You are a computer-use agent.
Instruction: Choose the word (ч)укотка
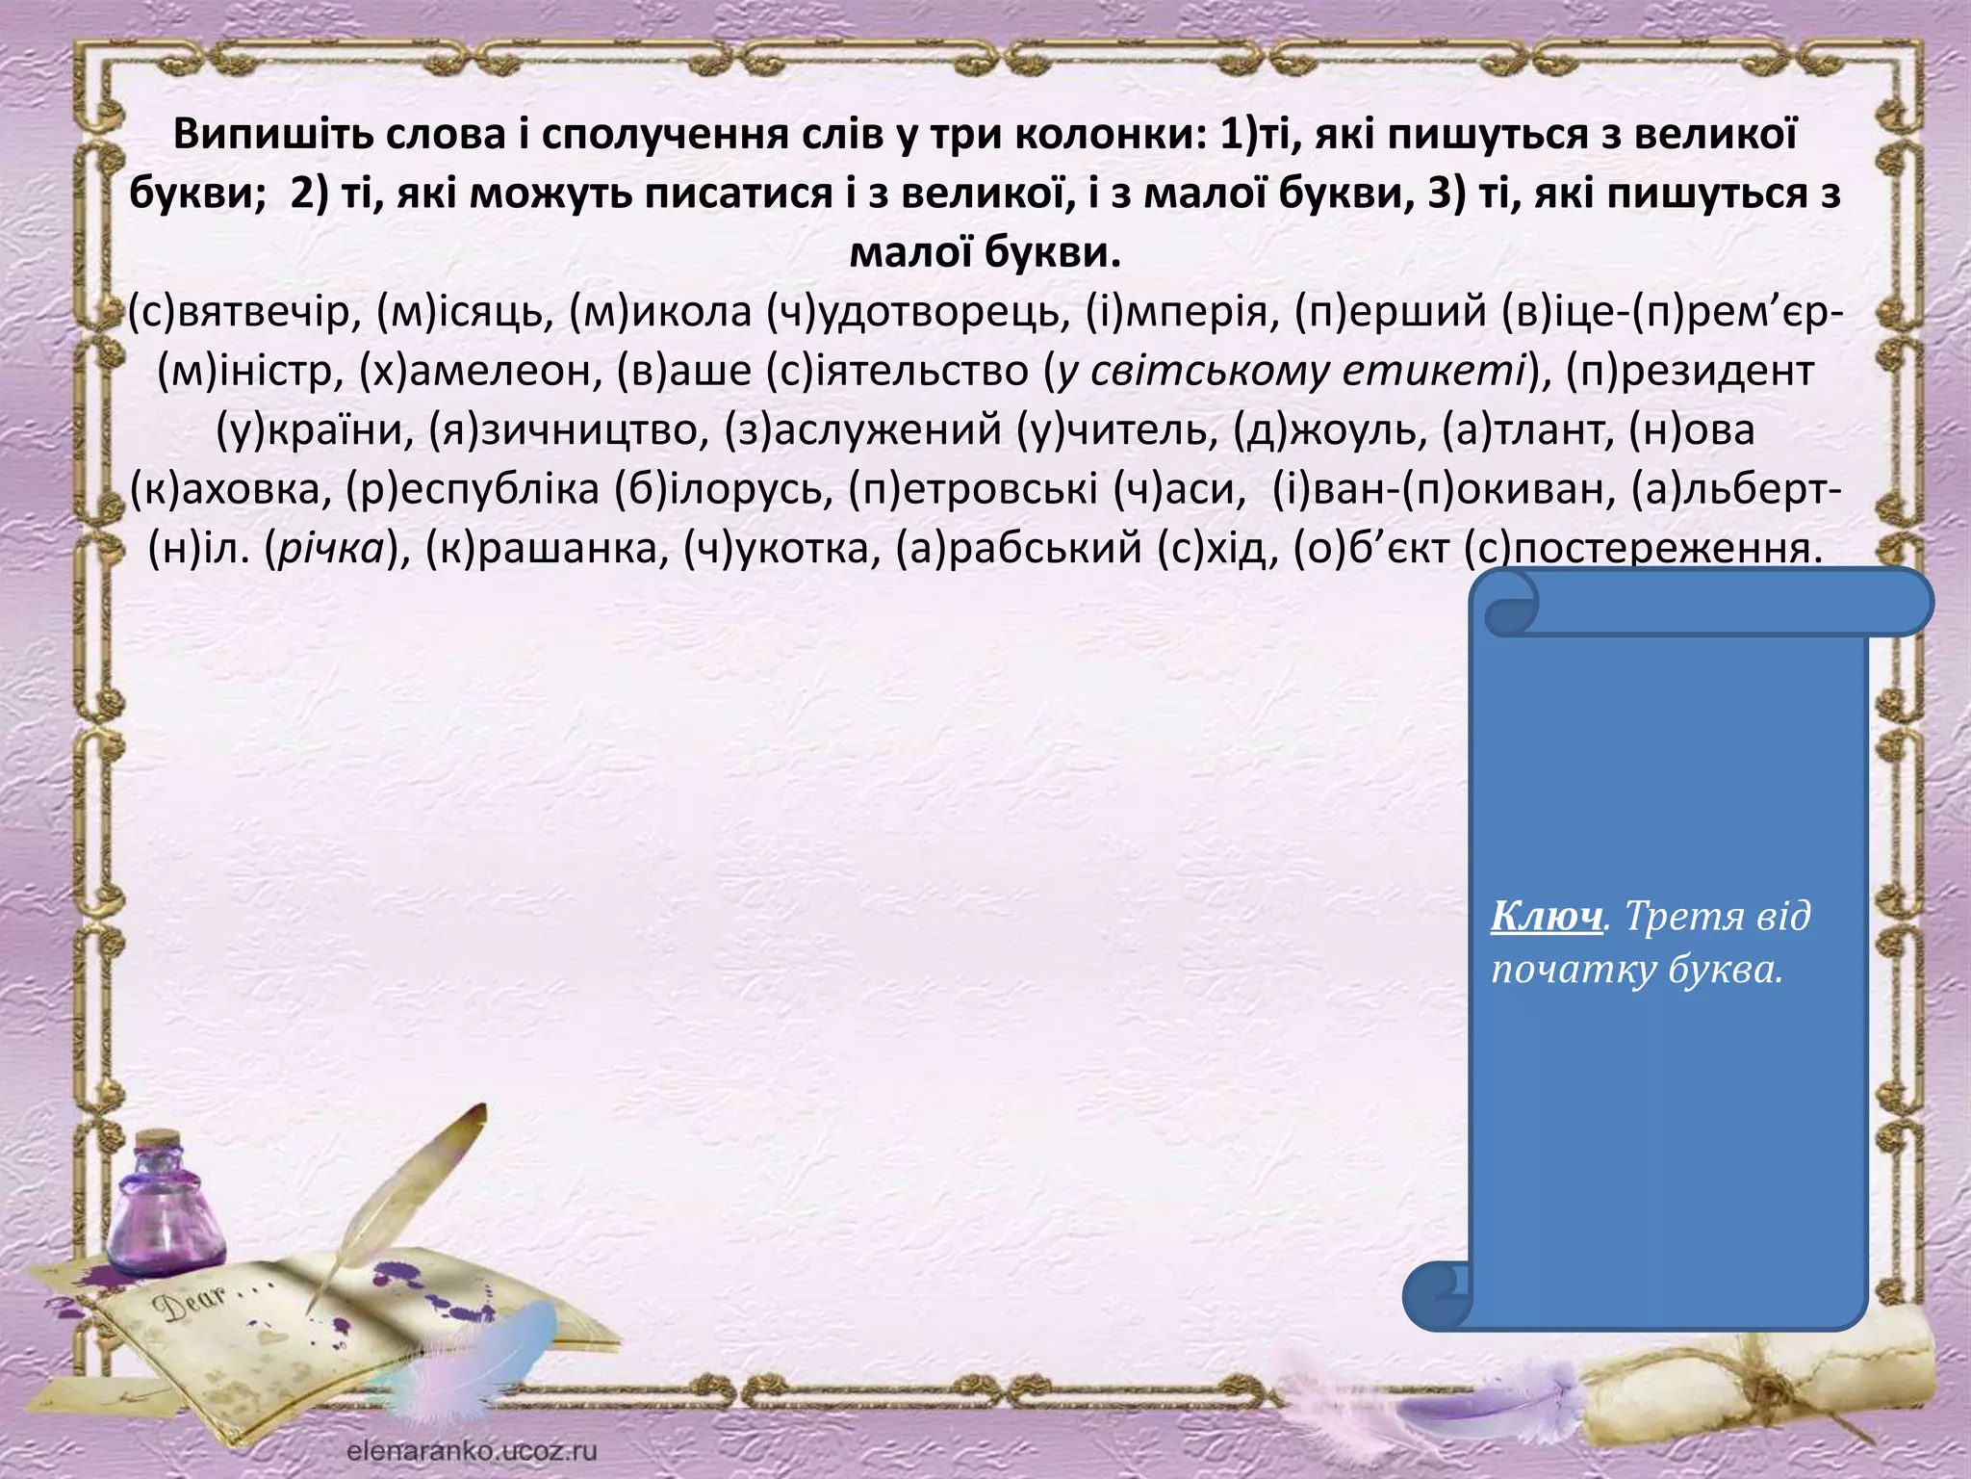click(781, 549)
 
